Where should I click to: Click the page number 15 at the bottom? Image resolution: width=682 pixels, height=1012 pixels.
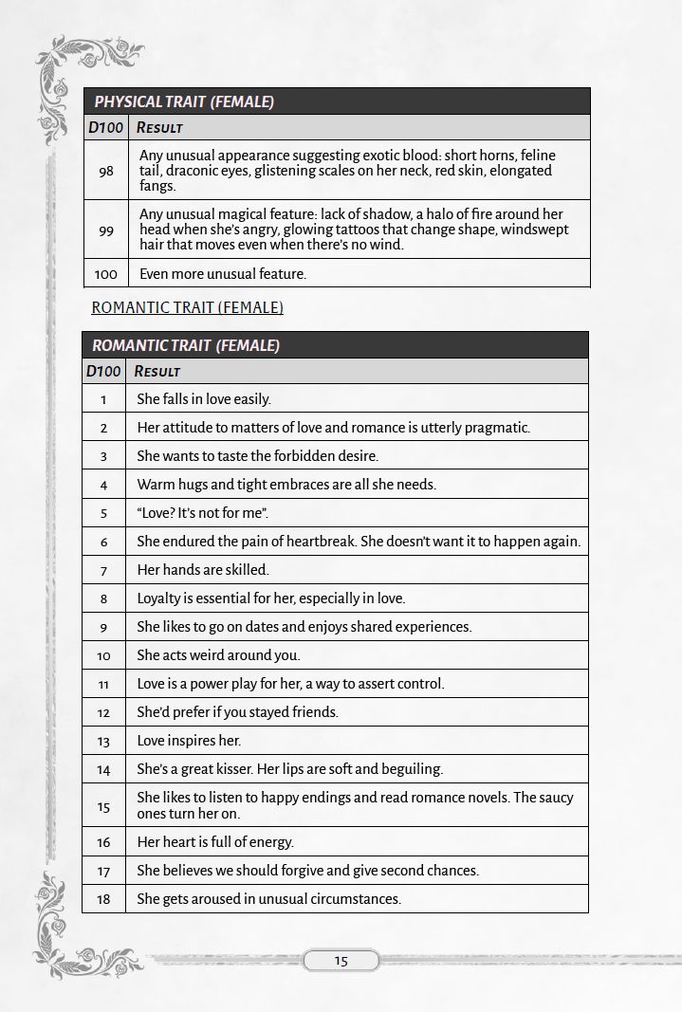pyautogui.click(x=341, y=961)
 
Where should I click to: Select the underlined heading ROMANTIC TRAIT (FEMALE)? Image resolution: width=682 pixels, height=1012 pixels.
pyautogui.click(x=187, y=307)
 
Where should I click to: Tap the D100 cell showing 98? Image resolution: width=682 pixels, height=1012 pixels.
pyautogui.click(x=106, y=171)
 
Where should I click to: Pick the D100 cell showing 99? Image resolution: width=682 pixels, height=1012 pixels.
pyautogui.click(x=106, y=230)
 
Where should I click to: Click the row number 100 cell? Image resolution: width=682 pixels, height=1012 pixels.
pyautogui.click(x=106, y=274)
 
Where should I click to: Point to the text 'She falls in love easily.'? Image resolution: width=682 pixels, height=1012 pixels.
pyautogui.click(x=204, y=399)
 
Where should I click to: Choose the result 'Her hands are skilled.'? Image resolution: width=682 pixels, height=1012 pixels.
pyautogui.click(x=203, y=570)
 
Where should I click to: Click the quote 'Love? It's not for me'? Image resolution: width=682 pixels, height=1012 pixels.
pyautogui.click(x=203, y=513)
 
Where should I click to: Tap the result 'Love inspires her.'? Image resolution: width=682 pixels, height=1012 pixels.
pyautogui.click(x=189, y=741)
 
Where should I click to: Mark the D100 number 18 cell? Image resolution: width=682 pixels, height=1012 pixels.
pyautogui.click(x=103, y=899)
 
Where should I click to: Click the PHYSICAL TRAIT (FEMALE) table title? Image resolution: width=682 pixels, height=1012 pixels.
pyautogui.click(x=184, y=101)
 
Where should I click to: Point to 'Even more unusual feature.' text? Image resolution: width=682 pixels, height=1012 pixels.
pyautogui.click(x=223, y=274)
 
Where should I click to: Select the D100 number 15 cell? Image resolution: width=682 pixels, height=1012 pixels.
pyautogui.click(x=103, y=806)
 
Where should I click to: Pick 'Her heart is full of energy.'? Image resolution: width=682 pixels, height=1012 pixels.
pyautogui.click(x=215, y=842)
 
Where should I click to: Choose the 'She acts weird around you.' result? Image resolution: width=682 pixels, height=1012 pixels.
pyautogui.click(x=218, y=655)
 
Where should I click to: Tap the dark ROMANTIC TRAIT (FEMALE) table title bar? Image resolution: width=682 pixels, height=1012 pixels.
pyautogui.click(x=335, y=345)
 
